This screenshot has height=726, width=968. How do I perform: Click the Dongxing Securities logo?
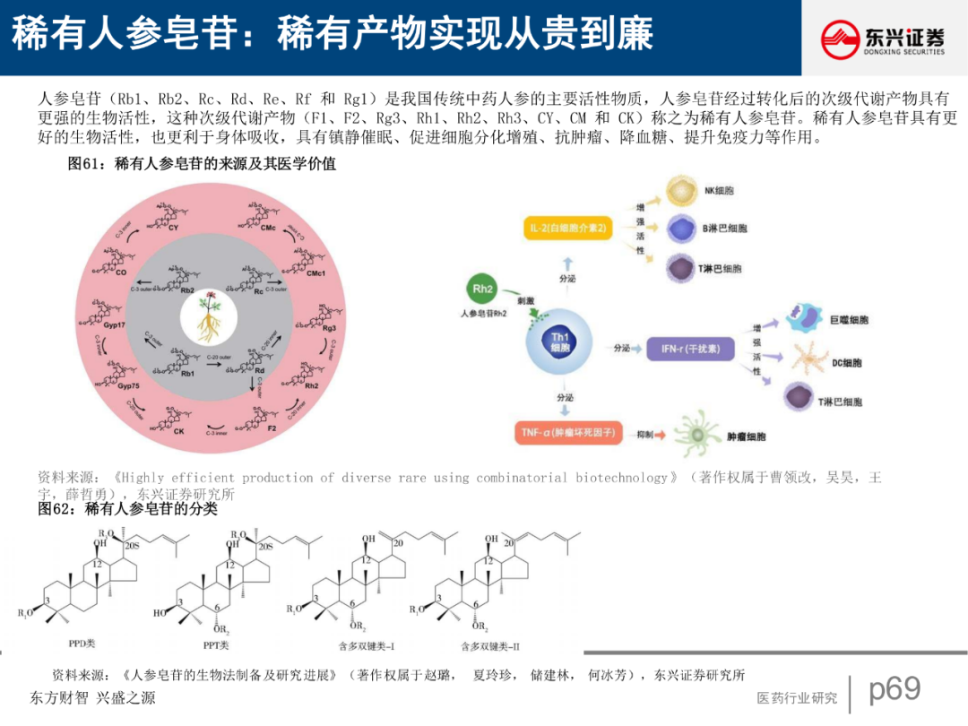(x=883, y=38)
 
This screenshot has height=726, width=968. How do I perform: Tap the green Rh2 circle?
(x=483, y=290)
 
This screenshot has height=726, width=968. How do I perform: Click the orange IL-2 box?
(x=567, y=229)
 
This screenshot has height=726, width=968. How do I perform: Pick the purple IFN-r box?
(x=689, y=348)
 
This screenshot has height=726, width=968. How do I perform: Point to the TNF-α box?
(x=568, y=433)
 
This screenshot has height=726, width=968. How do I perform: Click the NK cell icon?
(x=684, y=190)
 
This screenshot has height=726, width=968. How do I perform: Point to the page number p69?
(x=895, y=688)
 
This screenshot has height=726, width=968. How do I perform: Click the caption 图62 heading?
(x=128, y=509)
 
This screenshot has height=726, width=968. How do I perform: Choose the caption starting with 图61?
(x=203, y=164)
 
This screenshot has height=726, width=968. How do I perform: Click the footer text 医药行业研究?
(x=797, y=697)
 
